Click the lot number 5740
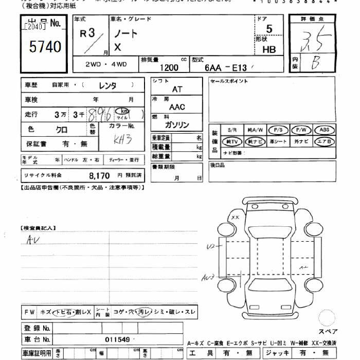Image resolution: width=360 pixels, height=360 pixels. [45, 47]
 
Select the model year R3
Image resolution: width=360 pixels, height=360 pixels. [88, 34]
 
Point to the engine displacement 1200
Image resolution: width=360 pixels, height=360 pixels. [169, 67]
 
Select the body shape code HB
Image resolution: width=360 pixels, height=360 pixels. [268, 50]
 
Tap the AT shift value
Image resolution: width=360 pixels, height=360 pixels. [177, 89]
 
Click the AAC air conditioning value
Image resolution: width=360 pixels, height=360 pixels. [177, 107]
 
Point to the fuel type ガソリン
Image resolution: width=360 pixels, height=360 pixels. [177, 125]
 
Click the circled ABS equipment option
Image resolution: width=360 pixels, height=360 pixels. [324, 130]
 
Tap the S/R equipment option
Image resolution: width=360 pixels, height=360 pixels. [232, 130]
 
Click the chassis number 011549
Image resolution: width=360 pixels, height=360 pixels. [117, 339]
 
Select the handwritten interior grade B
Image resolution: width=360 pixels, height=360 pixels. [315, 63]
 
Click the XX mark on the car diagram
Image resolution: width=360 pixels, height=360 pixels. [236, 218]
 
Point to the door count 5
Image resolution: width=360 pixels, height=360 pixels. [269, 29]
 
